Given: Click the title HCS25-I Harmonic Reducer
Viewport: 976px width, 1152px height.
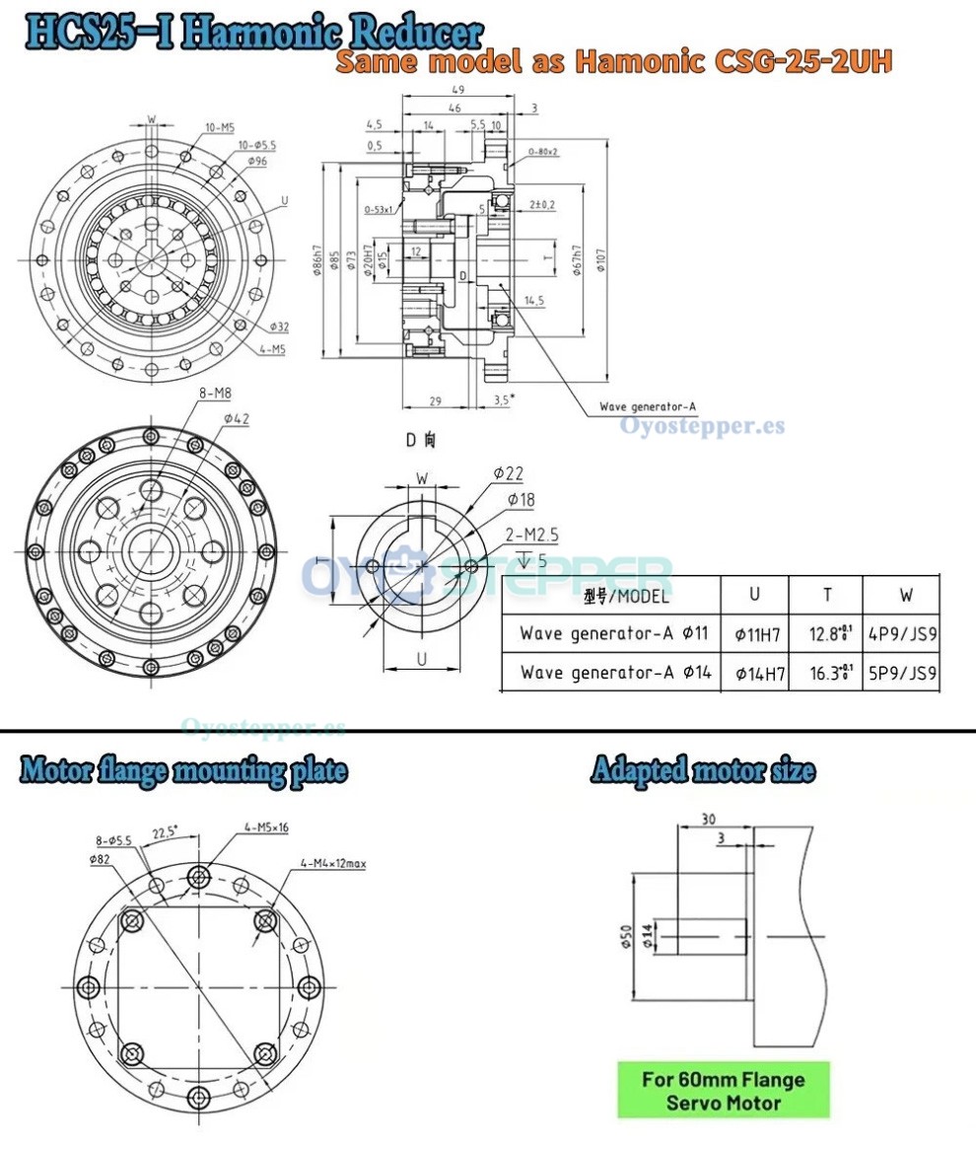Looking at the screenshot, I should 254,33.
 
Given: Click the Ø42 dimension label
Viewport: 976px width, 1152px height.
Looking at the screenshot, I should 236,419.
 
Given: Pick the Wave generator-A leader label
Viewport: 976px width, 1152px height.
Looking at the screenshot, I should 648,406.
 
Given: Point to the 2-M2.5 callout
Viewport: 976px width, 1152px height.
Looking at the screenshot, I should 532,535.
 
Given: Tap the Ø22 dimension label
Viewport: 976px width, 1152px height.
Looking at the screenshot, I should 509,474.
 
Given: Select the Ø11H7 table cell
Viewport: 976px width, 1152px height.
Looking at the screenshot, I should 759,633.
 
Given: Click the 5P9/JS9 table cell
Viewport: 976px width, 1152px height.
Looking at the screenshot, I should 901,676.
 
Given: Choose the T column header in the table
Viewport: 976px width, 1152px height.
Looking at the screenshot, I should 826,595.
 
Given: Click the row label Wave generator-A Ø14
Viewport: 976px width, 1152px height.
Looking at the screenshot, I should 612,674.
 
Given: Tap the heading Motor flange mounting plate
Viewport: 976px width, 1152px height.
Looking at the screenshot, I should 183,769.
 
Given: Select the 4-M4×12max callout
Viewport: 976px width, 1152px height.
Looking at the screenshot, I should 333,864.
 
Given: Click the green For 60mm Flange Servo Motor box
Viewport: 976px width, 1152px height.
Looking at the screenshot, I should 724,1090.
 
